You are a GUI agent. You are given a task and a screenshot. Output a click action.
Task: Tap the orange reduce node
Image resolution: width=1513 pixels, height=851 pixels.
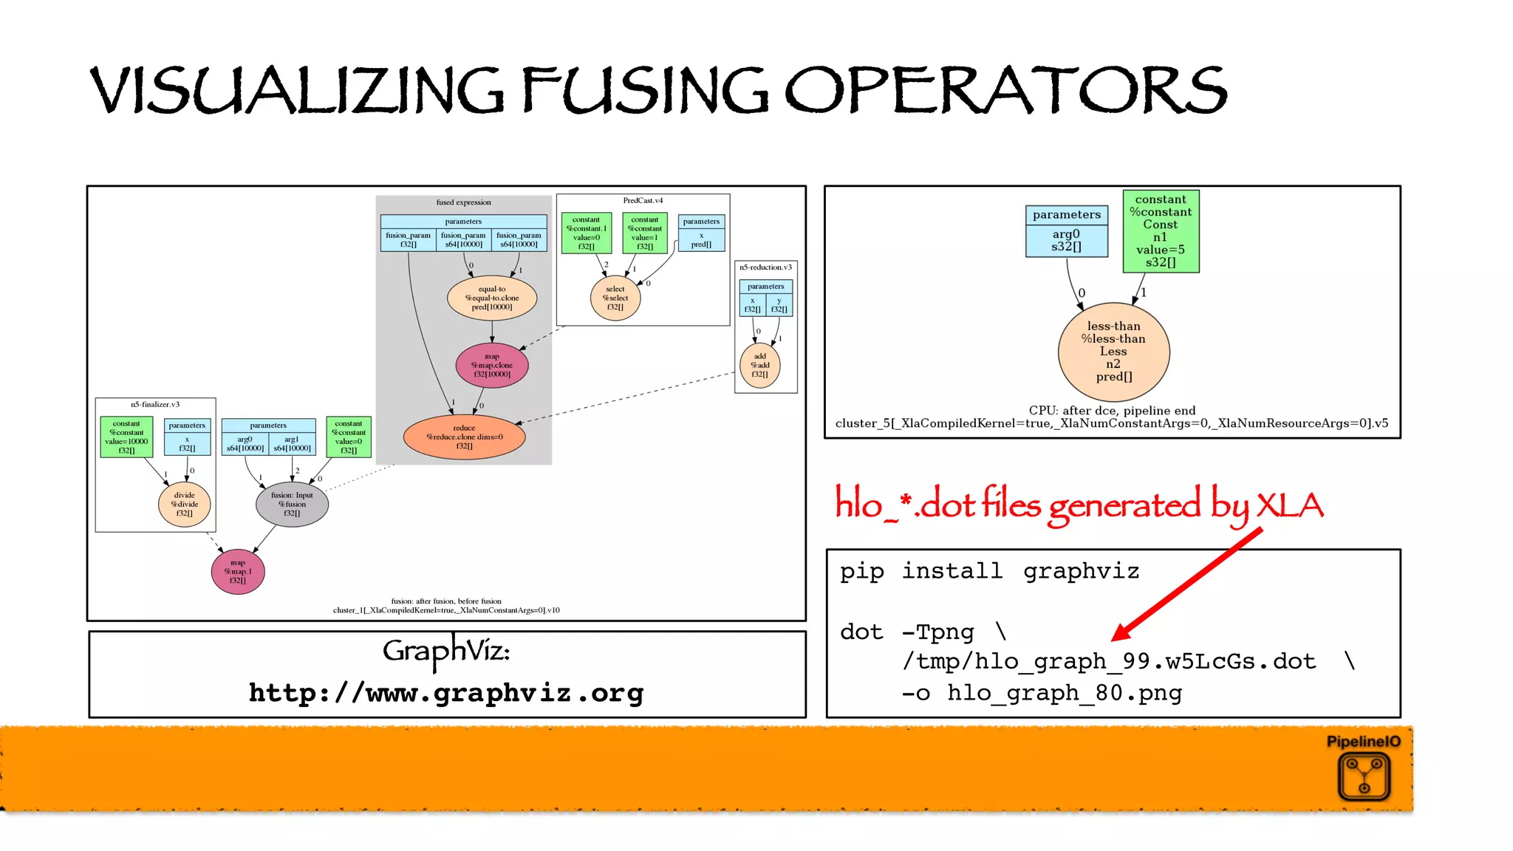click(x=464, y=437)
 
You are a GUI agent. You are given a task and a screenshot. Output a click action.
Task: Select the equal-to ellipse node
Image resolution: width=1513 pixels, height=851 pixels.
click(x=492, y=298)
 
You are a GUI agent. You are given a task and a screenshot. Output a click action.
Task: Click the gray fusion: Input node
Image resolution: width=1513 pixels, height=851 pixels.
click(x=292, y=504)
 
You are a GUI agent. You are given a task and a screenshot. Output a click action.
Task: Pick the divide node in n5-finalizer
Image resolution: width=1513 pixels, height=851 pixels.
click(x=184, y=504)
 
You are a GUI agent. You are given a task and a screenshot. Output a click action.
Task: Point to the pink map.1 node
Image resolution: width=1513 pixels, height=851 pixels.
click(x=238, y=571)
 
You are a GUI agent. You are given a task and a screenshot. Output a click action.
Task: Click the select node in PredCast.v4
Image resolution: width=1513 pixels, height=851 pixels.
click(x=615, y=298)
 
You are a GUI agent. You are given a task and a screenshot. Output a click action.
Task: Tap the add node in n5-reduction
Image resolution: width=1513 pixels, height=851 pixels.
click(x=759, y=365)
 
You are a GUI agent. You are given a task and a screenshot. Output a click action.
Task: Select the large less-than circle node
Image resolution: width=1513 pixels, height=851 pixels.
click(x=1113, y=352)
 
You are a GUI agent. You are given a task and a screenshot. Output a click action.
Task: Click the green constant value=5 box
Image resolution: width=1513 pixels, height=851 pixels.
click(x=1161, y=231)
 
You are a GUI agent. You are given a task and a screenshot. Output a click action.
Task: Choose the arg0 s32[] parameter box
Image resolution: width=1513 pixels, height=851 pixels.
click(x=1066, y=240)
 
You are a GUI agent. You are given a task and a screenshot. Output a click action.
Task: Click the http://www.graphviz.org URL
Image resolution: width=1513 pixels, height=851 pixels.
click(x=446, y=693)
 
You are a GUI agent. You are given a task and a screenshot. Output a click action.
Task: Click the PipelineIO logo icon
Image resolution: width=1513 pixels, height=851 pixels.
click(x=1364, y=777)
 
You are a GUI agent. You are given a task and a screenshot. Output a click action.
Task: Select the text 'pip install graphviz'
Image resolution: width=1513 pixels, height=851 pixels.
click(x=989, y=571)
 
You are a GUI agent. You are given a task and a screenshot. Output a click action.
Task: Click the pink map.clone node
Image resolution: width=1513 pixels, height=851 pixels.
click(x=492, y=365)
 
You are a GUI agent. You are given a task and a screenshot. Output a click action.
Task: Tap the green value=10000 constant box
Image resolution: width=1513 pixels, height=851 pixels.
click(x=126, y=437)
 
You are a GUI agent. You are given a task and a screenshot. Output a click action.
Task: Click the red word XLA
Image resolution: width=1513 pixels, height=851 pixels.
click(x=1290, y=506)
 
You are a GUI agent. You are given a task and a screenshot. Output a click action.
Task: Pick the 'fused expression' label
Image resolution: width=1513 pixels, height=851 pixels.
click(x=463, y=202)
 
